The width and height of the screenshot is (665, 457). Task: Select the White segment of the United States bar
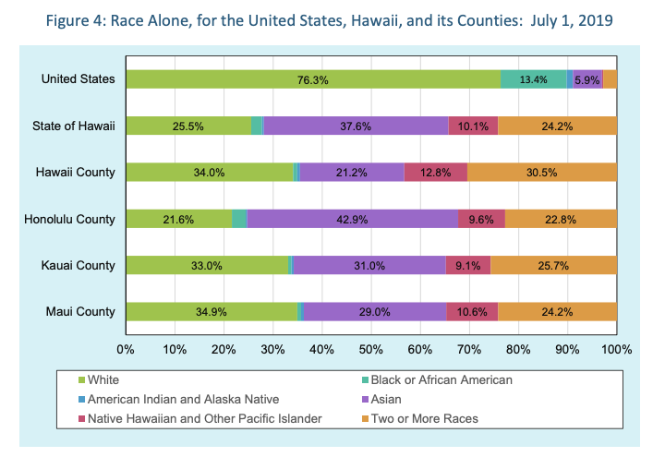coord(313,79)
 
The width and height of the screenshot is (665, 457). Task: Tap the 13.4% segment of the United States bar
coord(534,79)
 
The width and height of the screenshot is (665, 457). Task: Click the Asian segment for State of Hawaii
coord(356,126)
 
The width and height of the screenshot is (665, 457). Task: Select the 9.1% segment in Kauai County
coord(467,266)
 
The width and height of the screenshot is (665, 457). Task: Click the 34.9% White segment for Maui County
coord(212,312)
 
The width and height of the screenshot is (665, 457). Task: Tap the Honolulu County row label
coord(76,219)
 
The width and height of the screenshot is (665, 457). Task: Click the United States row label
coord(79,79)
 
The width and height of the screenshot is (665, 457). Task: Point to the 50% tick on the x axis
coord(370,350)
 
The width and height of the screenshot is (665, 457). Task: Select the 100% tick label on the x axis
coord(616,350)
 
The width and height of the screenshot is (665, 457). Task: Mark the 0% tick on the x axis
coord(126,350)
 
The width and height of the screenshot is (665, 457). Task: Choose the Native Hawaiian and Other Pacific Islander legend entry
coord(204,418)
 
